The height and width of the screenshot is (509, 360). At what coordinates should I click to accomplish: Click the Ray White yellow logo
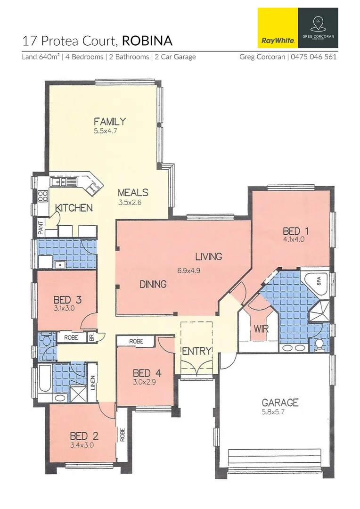(278, 28)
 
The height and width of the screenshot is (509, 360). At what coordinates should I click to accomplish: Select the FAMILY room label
(109, 122)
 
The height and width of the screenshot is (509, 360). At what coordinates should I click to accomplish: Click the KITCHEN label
(74, 207)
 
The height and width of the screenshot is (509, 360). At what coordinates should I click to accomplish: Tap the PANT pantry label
(41, 229)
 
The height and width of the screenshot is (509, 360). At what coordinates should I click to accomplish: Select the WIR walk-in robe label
(261, 328)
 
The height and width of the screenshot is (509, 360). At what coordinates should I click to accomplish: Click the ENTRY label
(196, 351)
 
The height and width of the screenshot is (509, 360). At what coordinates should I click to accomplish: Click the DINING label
(153, 284)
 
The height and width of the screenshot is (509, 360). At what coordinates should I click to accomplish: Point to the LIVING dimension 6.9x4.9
(189, 271)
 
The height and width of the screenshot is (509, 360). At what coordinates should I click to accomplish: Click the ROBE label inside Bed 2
(123, 434)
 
